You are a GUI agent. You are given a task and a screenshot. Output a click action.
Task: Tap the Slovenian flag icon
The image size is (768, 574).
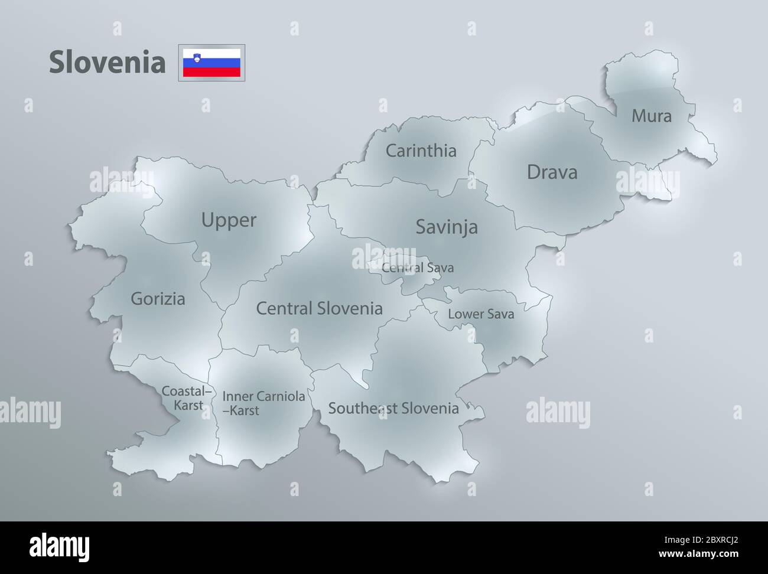pyautogui.click(x=211, y=63)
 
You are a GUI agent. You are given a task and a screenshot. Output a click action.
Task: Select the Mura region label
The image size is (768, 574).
pyautogui.click(x=652, y=116)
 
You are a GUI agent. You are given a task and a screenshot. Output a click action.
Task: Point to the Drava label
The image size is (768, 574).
pyautogui.click(x=552, y=172)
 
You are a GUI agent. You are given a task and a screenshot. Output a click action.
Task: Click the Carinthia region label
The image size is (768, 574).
pyautogui.click(x=421, y=151)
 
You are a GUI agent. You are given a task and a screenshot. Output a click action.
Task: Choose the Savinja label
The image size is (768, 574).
pyautogui.click(x=446, y=227)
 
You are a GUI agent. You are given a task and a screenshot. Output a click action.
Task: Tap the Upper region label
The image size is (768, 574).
pyautogui.click(x=229, y=220)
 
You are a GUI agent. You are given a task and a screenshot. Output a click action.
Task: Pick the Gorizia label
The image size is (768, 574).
pyautogui.click(x=158, y=299)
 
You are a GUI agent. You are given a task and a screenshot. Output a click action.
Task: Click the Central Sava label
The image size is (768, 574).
pyautogui.click(x=418, y=268)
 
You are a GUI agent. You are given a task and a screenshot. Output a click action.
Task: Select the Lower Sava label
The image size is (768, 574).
pyautogui.click(x=481, y=314)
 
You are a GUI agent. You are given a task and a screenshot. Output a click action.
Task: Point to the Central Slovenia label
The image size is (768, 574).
pyautogui.click(x=319, y=308)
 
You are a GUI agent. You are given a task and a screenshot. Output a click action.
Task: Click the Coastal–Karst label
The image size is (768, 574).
pyautogui.click(x=187, y=398)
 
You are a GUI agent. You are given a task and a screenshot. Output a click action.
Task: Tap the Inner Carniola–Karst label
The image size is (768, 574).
pyautogui.click(x=263, y=403)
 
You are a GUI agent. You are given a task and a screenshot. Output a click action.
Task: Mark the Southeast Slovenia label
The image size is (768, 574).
pyautogui.click(x=393, y=408)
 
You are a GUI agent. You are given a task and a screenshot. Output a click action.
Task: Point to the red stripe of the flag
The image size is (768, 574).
pyautogui.click(x=211, y=71)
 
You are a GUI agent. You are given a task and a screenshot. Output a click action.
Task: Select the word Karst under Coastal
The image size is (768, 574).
pyautogui.click(x=188, y=406)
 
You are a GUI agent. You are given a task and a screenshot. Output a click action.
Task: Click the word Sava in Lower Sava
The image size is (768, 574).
pyautogui.click(x=500, y=314)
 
